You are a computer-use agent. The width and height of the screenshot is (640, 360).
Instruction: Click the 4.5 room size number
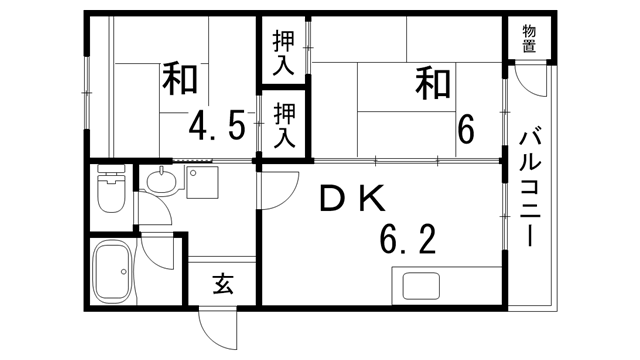pos(217,127)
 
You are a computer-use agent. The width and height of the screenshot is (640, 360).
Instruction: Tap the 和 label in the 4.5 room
pos(179,79)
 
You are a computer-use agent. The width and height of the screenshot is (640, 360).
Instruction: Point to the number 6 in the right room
pos(466,130)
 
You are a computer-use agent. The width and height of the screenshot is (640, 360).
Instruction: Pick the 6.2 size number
pos(407,240)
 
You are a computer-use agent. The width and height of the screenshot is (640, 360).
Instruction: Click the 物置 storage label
pos(528,38)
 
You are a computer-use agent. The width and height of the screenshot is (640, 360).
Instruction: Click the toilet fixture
pos(109,189)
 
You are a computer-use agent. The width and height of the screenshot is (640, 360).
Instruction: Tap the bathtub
pos(111,272)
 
